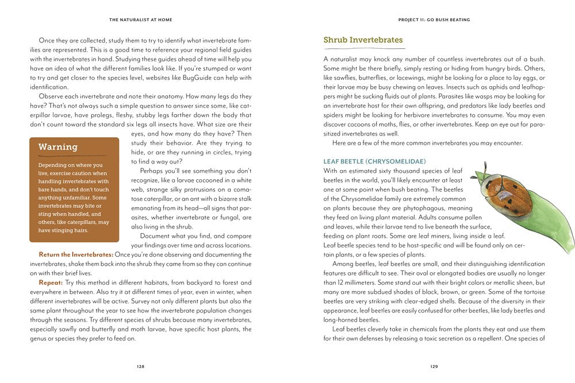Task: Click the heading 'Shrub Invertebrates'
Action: tap(363, 40)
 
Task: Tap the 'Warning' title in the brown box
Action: tap(58, 147)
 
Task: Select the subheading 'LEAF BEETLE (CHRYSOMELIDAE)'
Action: tap(374, 161)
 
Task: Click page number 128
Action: tap(140, 366)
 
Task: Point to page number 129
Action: tap(434, 366)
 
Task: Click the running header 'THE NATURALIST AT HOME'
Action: tap(140, 20)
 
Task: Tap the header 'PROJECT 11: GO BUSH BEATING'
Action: tap(434, 20)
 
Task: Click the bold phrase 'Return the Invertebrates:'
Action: tap(75, 254)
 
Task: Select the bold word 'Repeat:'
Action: tap(55, 283)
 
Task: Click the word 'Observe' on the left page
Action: tap(52, 96)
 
